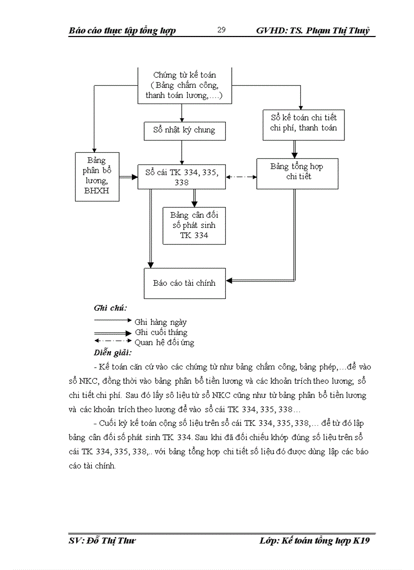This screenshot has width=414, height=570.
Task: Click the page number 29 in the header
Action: (221, 30)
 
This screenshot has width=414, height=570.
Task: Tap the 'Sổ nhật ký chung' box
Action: (184, 130)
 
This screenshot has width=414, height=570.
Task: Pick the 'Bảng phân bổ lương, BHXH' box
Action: (96, 176)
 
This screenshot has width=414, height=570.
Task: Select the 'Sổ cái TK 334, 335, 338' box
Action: (182, 177)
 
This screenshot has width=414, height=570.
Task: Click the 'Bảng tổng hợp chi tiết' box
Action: (297, 172)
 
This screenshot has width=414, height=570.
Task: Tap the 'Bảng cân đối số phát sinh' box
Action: (194, 225)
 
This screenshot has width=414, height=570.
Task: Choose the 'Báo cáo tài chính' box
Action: (184, 283)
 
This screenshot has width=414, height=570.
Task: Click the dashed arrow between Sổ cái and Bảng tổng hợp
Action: (241, 177)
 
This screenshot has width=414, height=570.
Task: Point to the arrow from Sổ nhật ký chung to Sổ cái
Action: (182, 152)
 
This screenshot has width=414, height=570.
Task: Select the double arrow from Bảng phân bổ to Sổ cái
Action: (128, 177)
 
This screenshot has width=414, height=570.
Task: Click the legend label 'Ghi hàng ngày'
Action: (160, 322)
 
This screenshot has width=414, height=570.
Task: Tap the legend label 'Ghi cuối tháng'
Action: (161, 332)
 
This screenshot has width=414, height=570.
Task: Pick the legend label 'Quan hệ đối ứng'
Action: (164, 343)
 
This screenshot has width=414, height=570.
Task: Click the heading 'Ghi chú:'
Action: (110, 308)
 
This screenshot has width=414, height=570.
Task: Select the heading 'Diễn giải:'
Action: (113, 352)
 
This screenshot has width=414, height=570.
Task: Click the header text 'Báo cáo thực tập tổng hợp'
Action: (122, 30)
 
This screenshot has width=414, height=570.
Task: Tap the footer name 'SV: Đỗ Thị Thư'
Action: (102, 541)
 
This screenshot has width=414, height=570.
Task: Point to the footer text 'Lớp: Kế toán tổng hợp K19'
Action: (315, 541)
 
